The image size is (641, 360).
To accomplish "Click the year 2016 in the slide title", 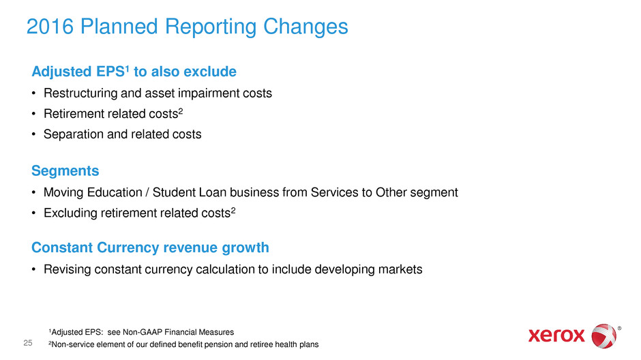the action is tap(50, 27).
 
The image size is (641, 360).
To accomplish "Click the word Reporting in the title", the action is tap(211, 27).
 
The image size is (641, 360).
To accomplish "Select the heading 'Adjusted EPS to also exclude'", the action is tap(134, 71).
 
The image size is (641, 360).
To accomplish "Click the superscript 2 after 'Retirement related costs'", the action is tap(181, 110).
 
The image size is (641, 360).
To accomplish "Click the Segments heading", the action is tap(65, 170).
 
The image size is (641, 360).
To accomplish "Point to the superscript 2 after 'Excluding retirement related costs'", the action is tap(233, 210).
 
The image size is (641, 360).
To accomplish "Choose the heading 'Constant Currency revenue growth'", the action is tap(151, 247).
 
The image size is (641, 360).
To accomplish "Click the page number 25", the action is tap(28, 343).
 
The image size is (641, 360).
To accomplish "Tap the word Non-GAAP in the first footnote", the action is tap(143, 332).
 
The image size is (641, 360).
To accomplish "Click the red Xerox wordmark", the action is tap(557, 336).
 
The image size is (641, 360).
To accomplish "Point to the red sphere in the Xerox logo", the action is tap(604, 336).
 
